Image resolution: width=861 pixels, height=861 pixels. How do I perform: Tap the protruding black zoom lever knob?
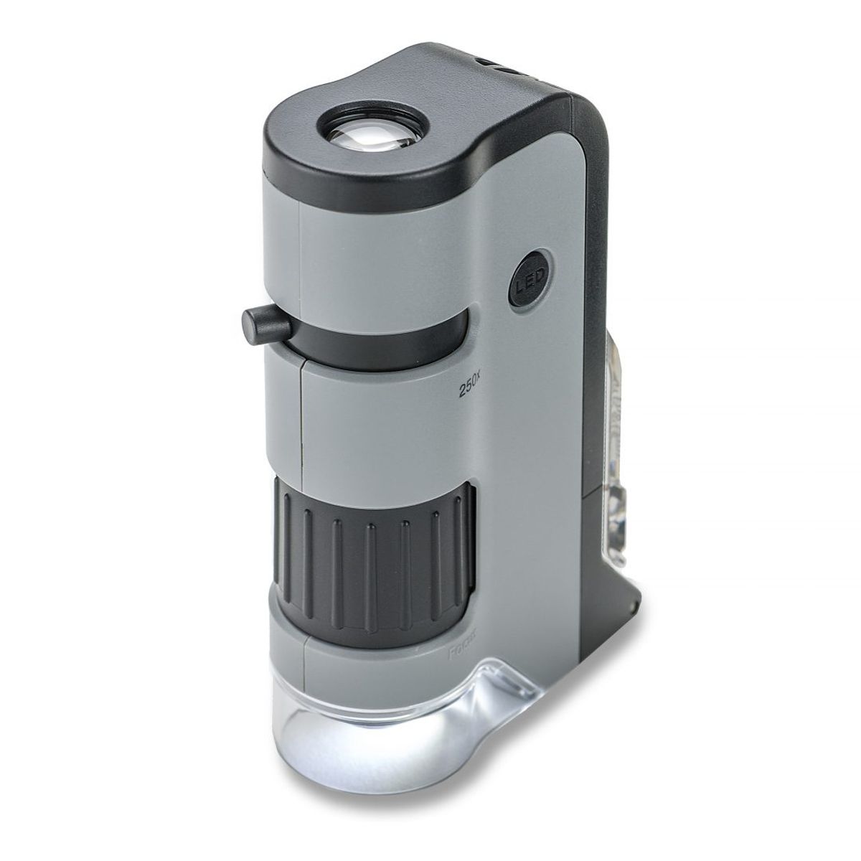click(265, 324)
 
